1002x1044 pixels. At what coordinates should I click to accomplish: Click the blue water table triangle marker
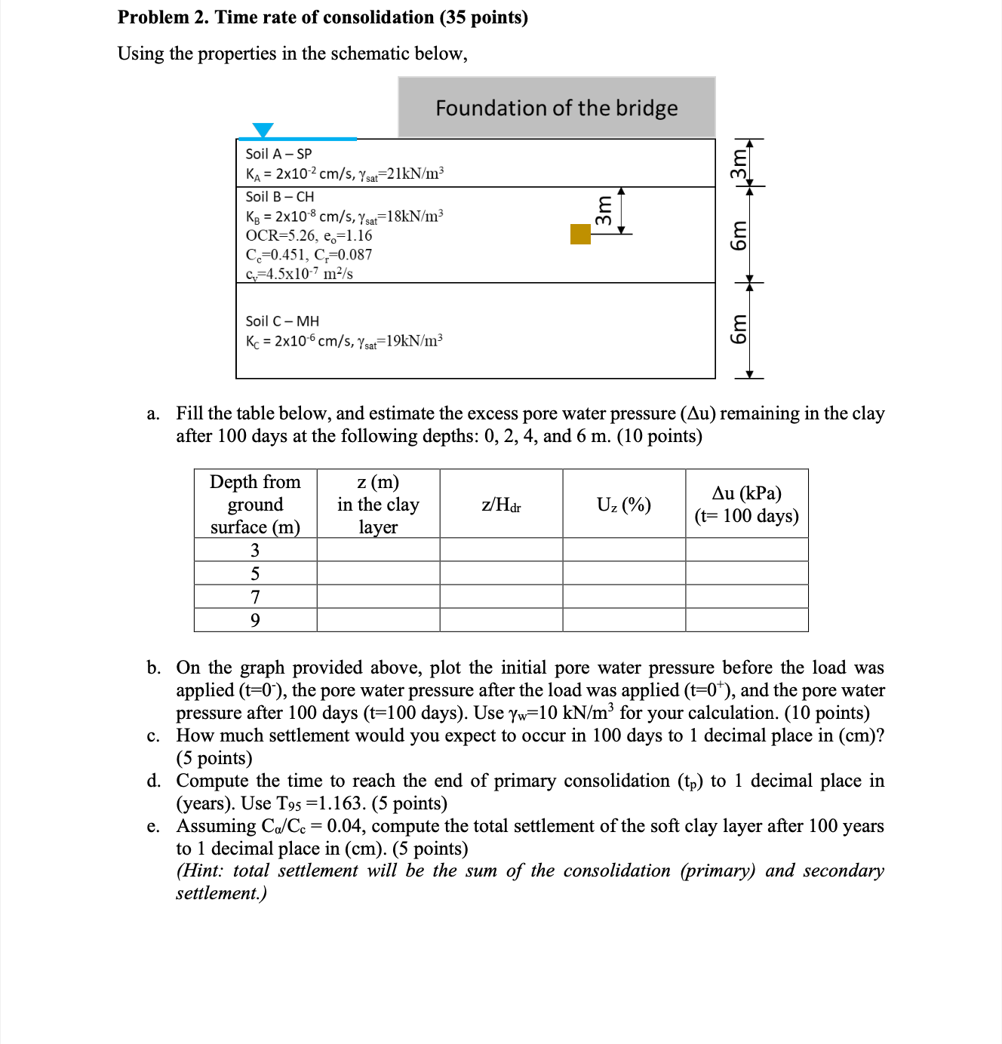263,130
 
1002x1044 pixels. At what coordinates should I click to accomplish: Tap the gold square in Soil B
580,234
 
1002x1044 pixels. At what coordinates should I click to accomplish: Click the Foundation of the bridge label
556,108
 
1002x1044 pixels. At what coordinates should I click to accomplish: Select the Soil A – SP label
278,154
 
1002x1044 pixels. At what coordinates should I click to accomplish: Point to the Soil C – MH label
282,321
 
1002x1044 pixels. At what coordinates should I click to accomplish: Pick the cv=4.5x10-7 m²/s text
299,273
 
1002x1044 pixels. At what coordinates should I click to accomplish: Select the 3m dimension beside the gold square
604,210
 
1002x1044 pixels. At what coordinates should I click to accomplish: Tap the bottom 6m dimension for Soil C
739,330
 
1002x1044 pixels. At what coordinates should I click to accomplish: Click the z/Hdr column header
501,505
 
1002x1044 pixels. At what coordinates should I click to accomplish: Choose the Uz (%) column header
623,505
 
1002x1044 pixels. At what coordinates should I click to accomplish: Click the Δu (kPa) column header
746,504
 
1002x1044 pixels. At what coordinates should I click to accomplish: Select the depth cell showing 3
255,550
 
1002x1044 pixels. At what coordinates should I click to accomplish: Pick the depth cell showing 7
255,597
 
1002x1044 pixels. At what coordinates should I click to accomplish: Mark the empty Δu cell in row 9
746,620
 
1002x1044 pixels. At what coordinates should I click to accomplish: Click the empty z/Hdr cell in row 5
501,573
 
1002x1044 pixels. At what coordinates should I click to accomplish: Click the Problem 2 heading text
322,17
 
